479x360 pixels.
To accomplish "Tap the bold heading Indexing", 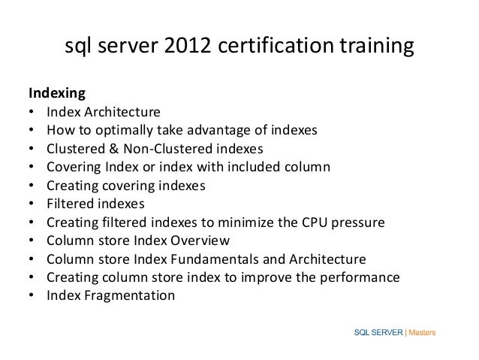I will (57, 94).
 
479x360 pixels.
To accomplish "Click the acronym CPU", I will (327, 222).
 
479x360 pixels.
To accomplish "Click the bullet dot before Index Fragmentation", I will (31, 295).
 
